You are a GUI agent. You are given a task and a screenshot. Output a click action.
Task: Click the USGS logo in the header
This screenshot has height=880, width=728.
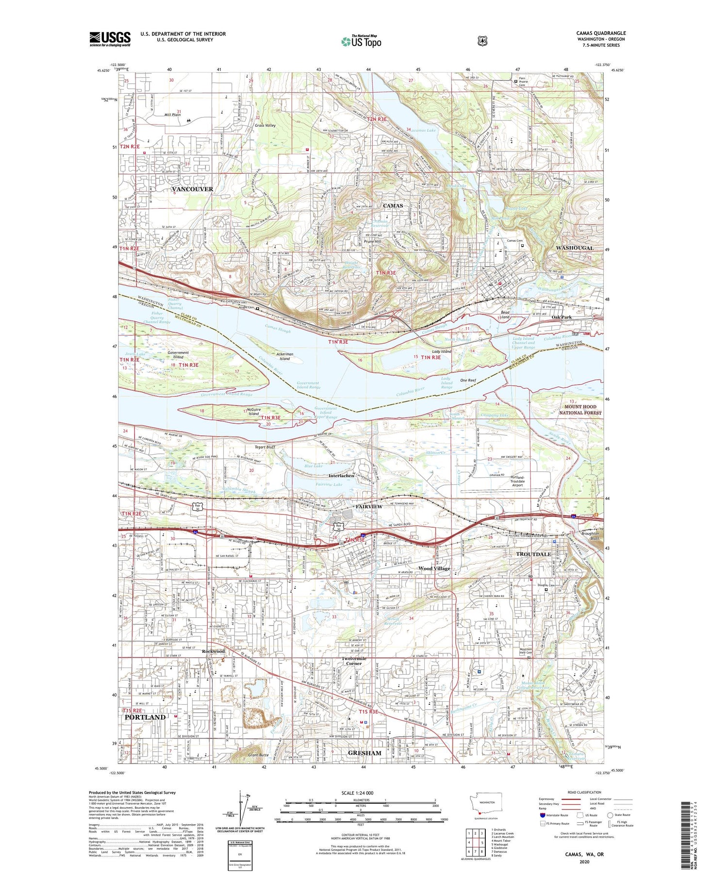coord(110,39)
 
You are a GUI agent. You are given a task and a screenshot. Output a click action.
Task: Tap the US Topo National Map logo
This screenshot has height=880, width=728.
coord(361,41)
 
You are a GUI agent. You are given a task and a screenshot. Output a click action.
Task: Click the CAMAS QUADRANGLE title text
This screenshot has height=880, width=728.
coord(601,33)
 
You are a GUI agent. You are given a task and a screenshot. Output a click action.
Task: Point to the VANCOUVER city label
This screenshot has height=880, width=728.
coord(193,189)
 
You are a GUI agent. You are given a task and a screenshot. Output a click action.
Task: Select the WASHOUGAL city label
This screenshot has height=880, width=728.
coord(574,248)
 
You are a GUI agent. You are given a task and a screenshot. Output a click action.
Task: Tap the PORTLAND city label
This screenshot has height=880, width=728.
coord(145,717)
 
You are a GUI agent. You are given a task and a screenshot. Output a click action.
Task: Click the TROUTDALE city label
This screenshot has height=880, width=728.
coord(533,554)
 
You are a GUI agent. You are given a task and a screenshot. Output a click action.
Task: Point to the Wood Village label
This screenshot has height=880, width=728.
coord(434,568)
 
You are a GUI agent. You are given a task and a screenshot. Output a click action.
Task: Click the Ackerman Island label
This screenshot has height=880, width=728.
coord(284,356)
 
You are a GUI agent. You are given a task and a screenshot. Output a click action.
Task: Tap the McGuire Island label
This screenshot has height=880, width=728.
coord(253,412)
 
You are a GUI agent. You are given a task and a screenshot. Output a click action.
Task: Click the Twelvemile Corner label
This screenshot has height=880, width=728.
coord(354,661)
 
